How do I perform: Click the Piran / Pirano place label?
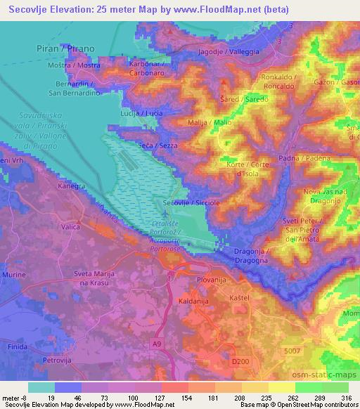[x=65, y=48]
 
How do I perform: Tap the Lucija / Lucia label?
[x=142, y=113]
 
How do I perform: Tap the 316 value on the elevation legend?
[x=346, y=398]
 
